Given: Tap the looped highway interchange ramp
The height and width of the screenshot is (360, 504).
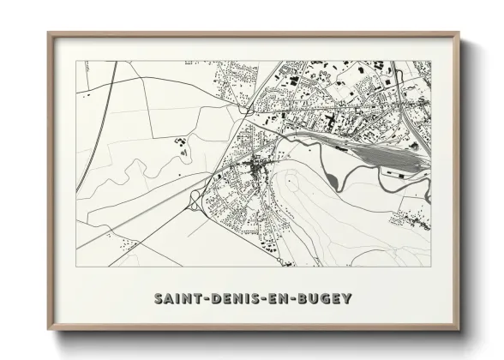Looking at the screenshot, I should coord(195,200).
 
